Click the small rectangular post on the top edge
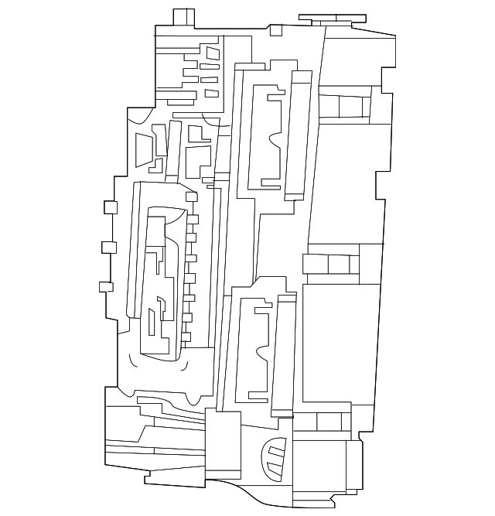183,17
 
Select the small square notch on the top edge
276,29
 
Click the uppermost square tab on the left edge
110,207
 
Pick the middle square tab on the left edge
108,248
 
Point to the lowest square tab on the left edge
106,286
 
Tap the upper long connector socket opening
267,139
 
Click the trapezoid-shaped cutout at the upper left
144,149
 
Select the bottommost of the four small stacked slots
211,94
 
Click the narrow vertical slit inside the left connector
151,323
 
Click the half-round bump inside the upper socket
274,142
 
